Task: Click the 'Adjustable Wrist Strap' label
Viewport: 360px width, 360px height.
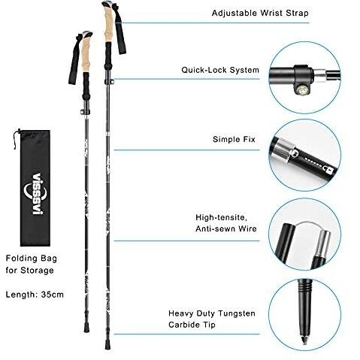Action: [260, 13]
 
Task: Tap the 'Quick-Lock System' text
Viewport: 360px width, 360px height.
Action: [220, 70]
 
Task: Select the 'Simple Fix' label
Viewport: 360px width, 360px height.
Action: [234, 139]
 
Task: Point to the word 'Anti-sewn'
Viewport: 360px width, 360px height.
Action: [216, 228]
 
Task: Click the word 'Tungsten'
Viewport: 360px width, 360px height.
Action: [237, 313]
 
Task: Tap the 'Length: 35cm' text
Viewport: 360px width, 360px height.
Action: [35, 295]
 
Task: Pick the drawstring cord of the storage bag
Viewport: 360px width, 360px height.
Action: [16, 138]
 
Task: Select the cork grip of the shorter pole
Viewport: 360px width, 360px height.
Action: [86, 56]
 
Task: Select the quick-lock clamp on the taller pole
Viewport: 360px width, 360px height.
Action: [110, 81]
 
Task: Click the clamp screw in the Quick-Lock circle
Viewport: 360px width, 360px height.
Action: [303, 90]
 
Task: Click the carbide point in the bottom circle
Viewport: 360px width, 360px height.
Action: [304, 339]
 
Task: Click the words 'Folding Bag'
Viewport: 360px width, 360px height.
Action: [32, 259]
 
